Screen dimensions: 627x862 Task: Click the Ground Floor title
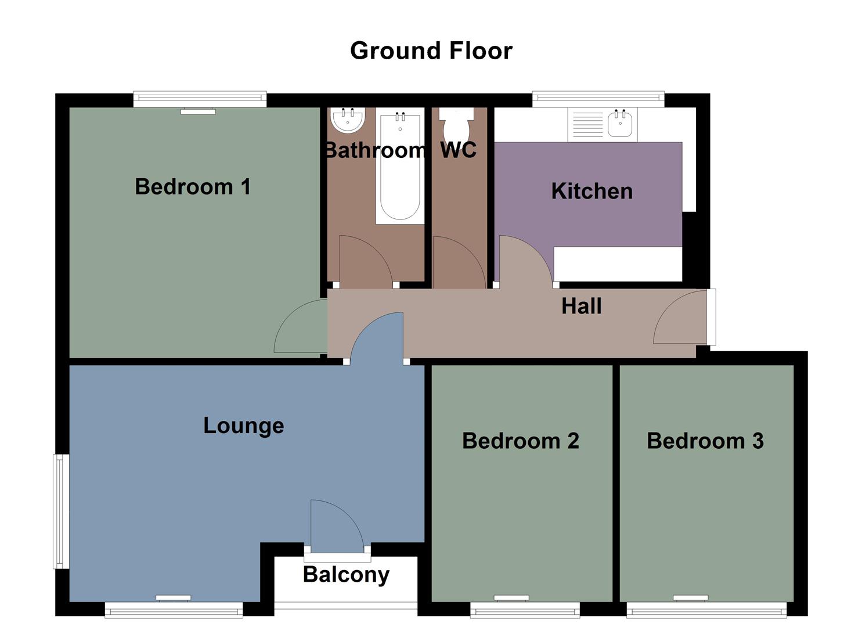pyautogui.click(x=431, y=51)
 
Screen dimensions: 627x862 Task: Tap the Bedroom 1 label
pyautogui.click(x=192, y=187)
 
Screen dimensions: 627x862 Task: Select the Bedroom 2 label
pyautogui.click(x=520, y=441)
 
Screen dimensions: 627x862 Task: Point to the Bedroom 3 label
pyautogui.click(x=705, y=441)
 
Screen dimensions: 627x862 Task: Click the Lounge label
pyautogui.click(x=243, y=426)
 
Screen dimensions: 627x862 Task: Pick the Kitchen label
pyautogui.click(x=592, y=191)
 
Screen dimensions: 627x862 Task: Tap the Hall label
pyautogui.click(x=581, y=306)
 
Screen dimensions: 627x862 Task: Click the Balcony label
pyautogui.click(x=346, y=574)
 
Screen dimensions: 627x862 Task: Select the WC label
pyautogui.click(x=458, y=150)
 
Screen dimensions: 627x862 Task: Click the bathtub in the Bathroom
pyautogui.click(x=399, y=174)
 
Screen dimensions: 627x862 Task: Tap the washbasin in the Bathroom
pyautogui.click(x=347, y=120)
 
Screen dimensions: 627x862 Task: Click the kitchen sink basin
pyautogui.click(x=621, y=124)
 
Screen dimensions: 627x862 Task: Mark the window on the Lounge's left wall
pyautogui.click(x=61, y=511)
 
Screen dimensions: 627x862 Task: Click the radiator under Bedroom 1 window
pyautogui.click(x=198, y=111)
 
